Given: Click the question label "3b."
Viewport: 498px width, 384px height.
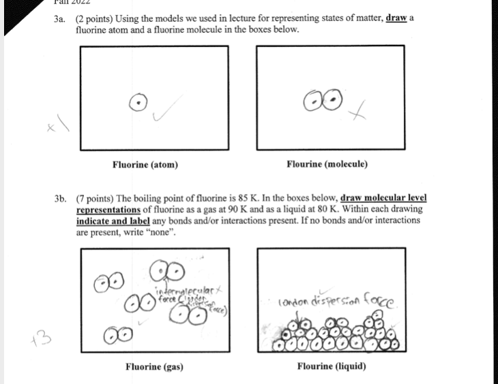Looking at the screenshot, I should (x=62, y=198).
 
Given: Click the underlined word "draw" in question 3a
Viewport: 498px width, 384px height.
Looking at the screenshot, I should (x=396, y=18).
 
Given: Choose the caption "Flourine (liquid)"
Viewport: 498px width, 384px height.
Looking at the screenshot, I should (x=332, y=367).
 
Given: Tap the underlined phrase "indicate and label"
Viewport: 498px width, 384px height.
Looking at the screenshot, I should (x=113, y=221).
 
